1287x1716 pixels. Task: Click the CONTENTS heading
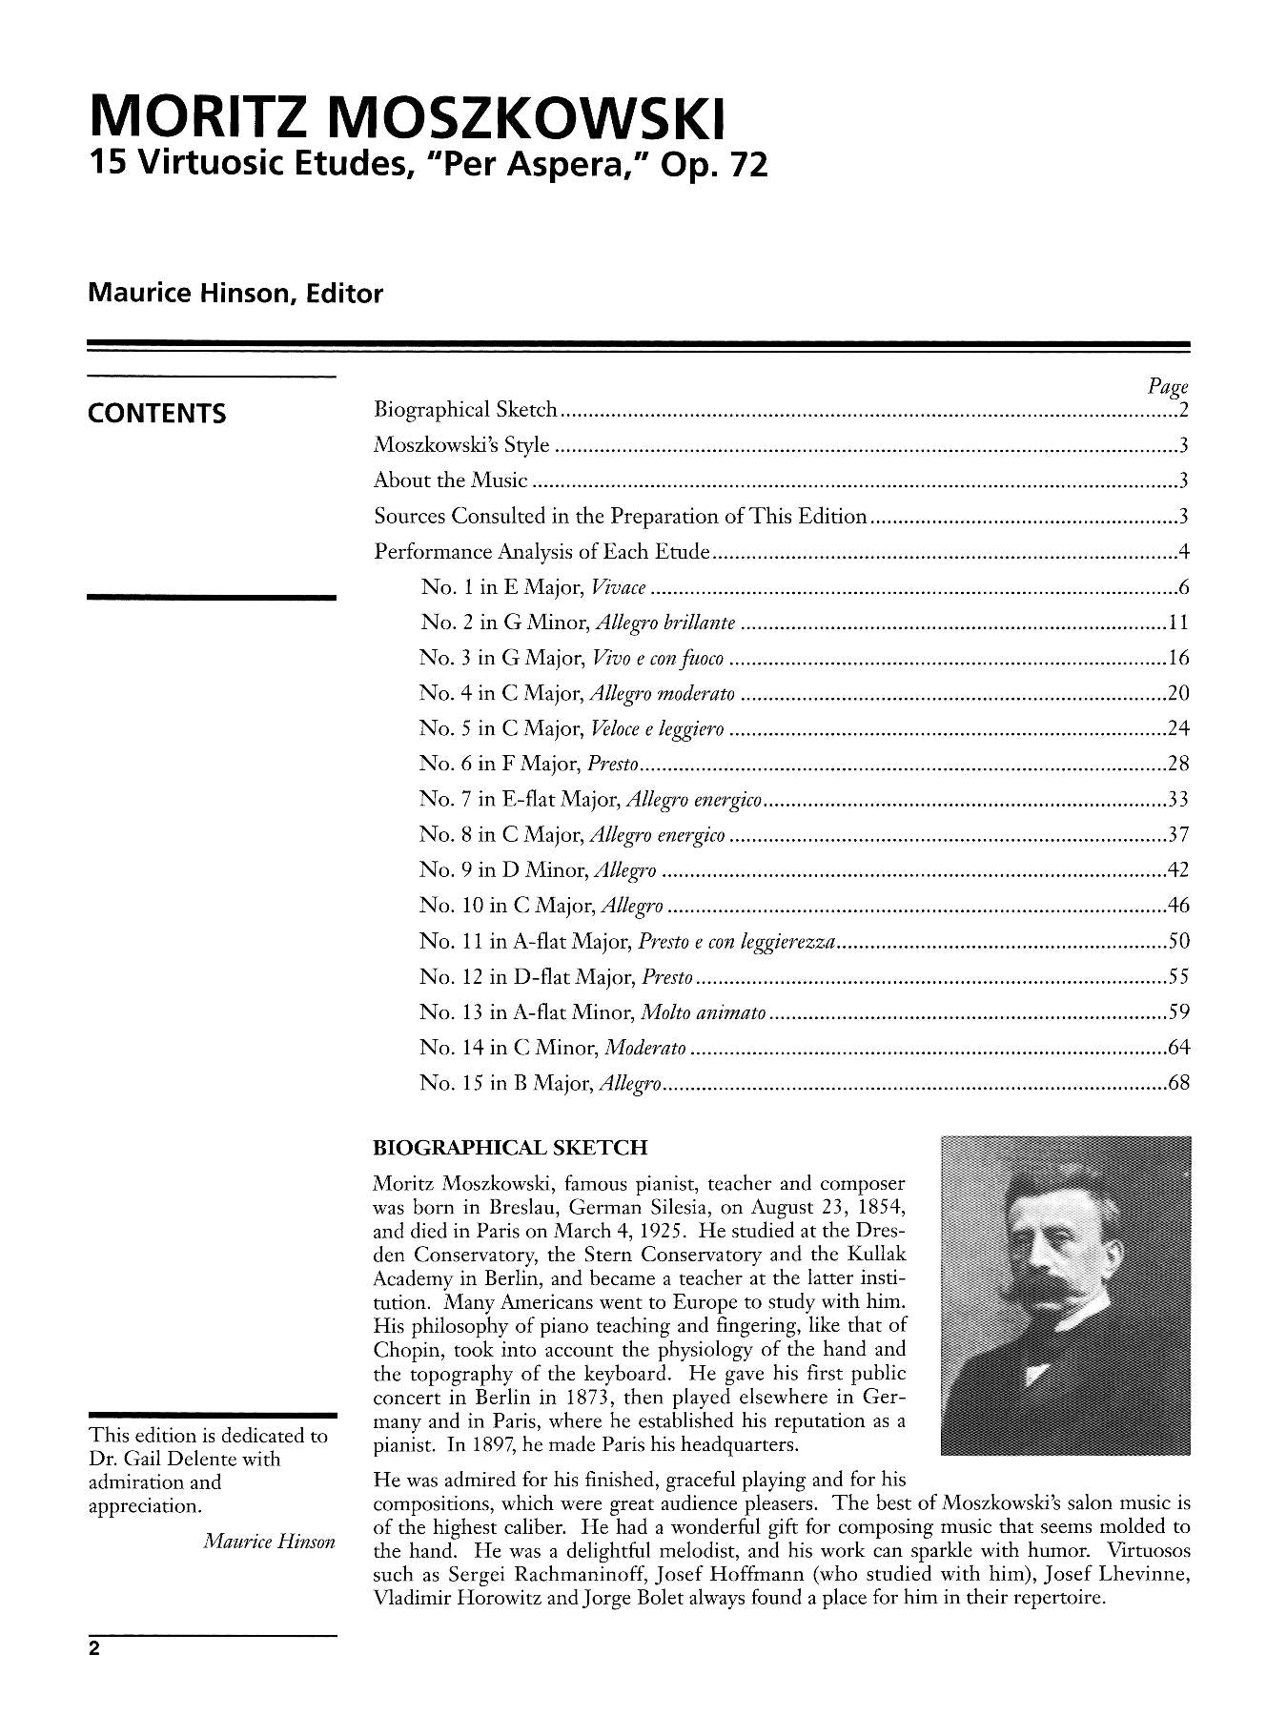click(x=156, y=414)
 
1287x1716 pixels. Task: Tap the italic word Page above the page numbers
click(x=1168, y=387)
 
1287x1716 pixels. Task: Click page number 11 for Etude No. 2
click(x=1177, y=623)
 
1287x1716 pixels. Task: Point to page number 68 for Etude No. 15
click(x=1177, y=1083)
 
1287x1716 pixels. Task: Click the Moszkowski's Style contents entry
click(x=461, y=445)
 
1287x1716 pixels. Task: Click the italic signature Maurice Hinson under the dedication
click(x=270, y=1542)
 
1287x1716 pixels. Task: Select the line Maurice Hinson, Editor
click(x=235, y=294)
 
